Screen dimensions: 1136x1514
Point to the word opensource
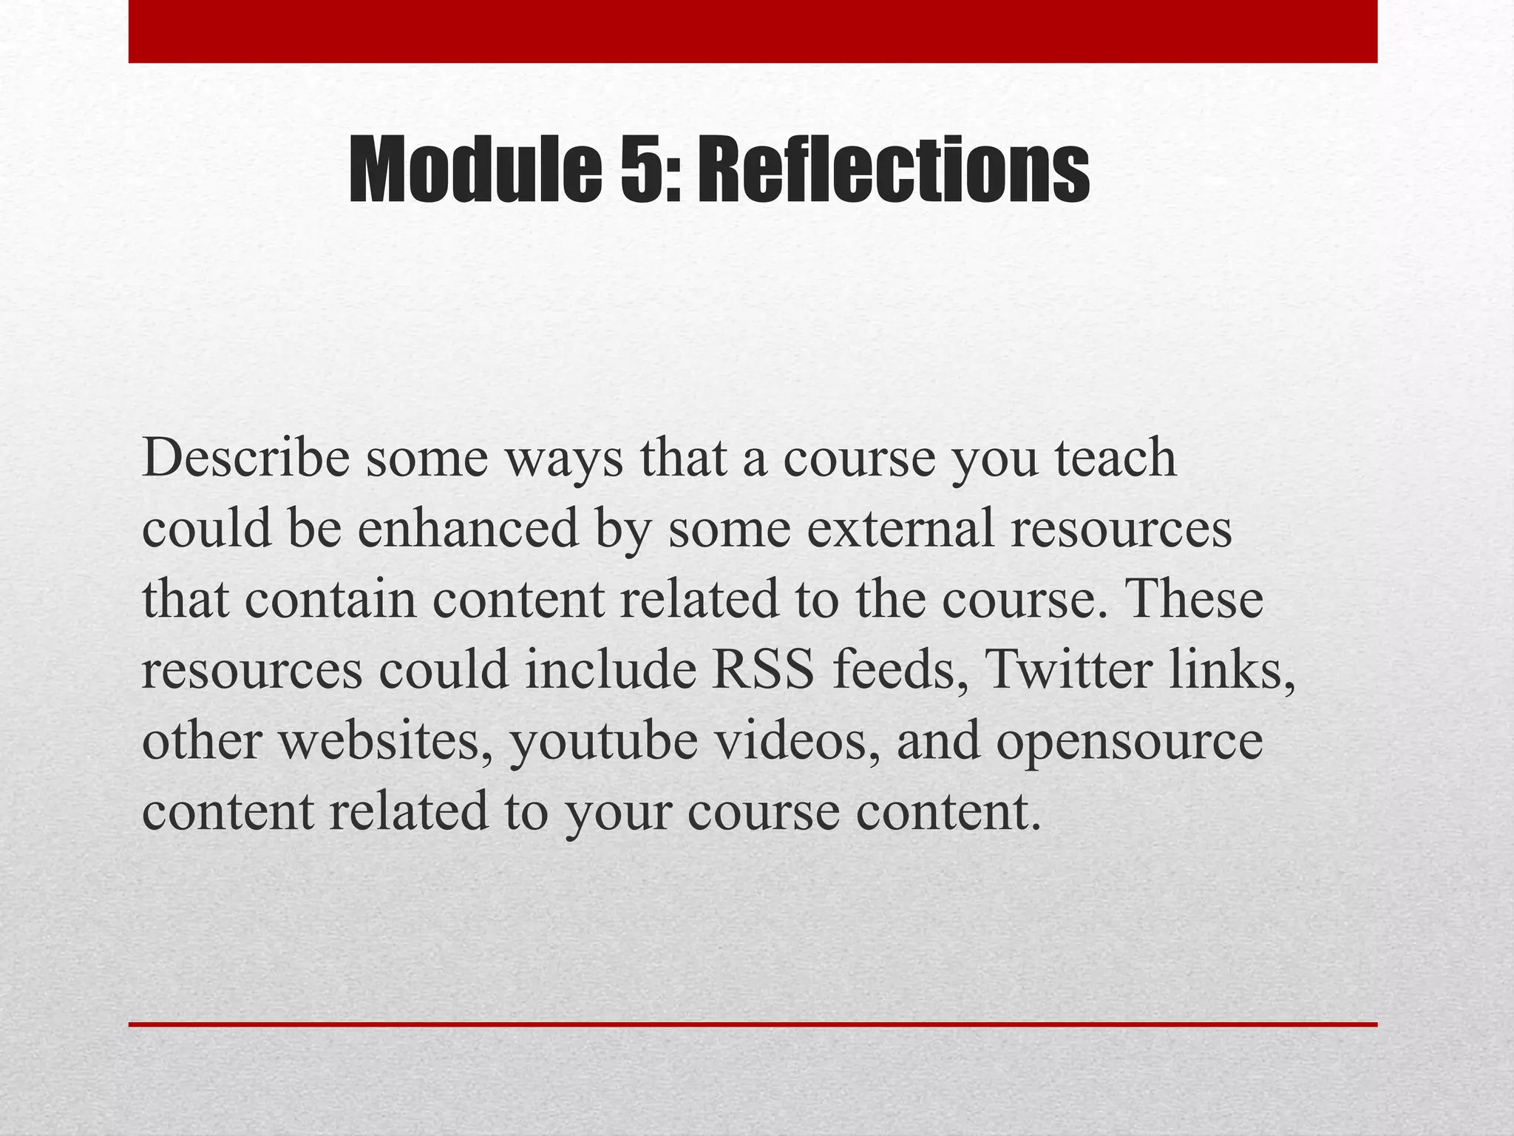1129,742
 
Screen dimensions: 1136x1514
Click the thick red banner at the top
753,31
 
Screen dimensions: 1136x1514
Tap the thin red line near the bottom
753,1024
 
